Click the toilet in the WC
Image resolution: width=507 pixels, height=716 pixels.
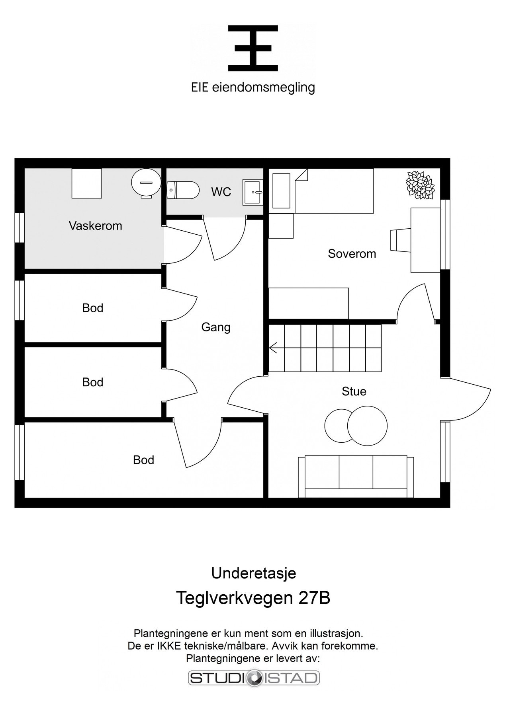[183, 191]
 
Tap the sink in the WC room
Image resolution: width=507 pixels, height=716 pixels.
[253, 193]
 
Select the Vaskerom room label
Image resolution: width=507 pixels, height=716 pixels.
[95, 226]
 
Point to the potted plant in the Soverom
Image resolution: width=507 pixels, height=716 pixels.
[420, 185]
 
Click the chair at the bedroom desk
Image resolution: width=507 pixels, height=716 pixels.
[400, 240]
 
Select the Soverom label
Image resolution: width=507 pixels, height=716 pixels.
[352, 254]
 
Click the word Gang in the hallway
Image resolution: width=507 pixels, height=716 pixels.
[216, 327]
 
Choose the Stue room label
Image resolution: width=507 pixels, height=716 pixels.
[354, 391]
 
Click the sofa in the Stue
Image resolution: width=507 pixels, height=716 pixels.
[356, 477]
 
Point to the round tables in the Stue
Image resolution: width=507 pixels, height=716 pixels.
[356, 425]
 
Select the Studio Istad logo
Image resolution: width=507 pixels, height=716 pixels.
[254, 678]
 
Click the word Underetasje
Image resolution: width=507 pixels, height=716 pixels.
[253, 573]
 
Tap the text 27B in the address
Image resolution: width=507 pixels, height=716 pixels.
[314, 598]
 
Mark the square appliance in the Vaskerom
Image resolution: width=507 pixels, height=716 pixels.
[86, 183]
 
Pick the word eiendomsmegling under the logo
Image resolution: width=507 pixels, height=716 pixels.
[264, 88]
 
